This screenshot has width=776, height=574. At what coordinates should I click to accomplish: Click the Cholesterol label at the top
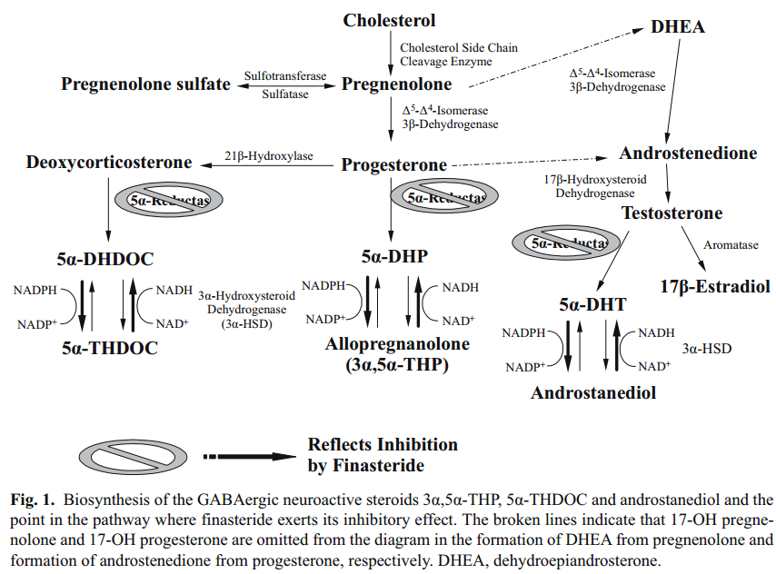point(389,20)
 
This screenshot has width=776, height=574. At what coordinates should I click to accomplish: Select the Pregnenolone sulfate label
point(145,84)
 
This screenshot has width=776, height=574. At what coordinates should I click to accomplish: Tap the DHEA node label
point(678,27)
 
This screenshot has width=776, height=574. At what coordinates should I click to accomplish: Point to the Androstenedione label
point(688,153)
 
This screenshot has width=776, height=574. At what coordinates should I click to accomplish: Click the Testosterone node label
point(672,213)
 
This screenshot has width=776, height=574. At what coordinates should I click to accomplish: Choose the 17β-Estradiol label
point(715,287)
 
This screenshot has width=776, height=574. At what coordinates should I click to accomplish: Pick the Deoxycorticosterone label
point(109,163)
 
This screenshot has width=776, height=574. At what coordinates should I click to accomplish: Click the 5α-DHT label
point(593,305)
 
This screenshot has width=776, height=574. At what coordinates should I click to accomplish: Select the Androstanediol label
point(593,392)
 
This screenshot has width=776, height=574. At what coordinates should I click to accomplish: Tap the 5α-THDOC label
point(109,347)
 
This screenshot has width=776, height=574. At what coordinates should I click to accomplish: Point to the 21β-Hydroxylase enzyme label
point(268,156)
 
